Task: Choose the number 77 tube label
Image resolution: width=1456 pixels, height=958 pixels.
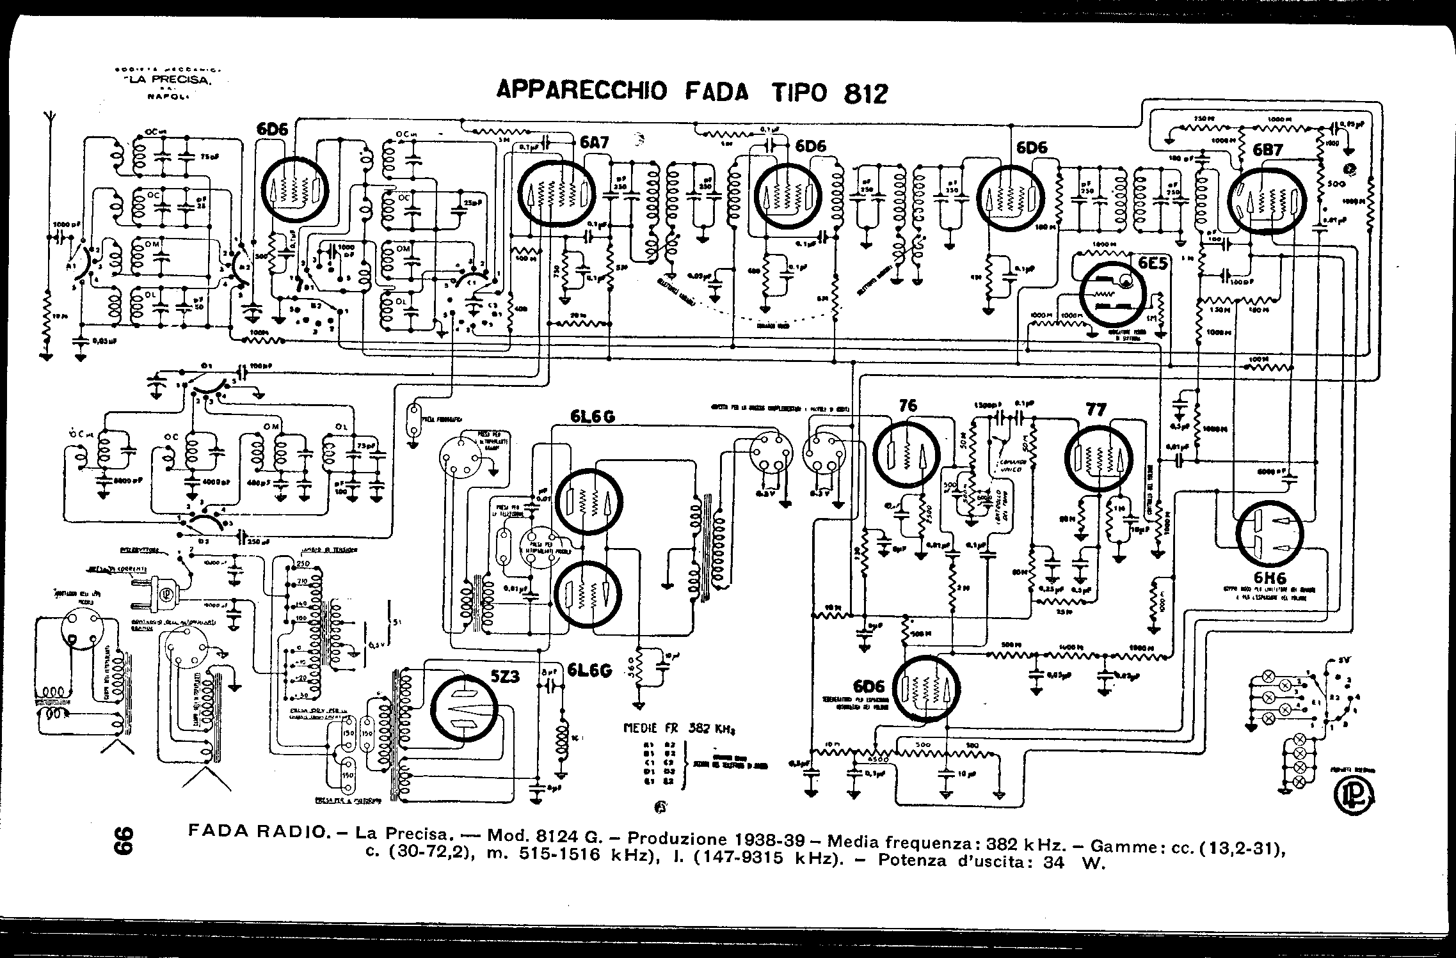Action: (1096, 409)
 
